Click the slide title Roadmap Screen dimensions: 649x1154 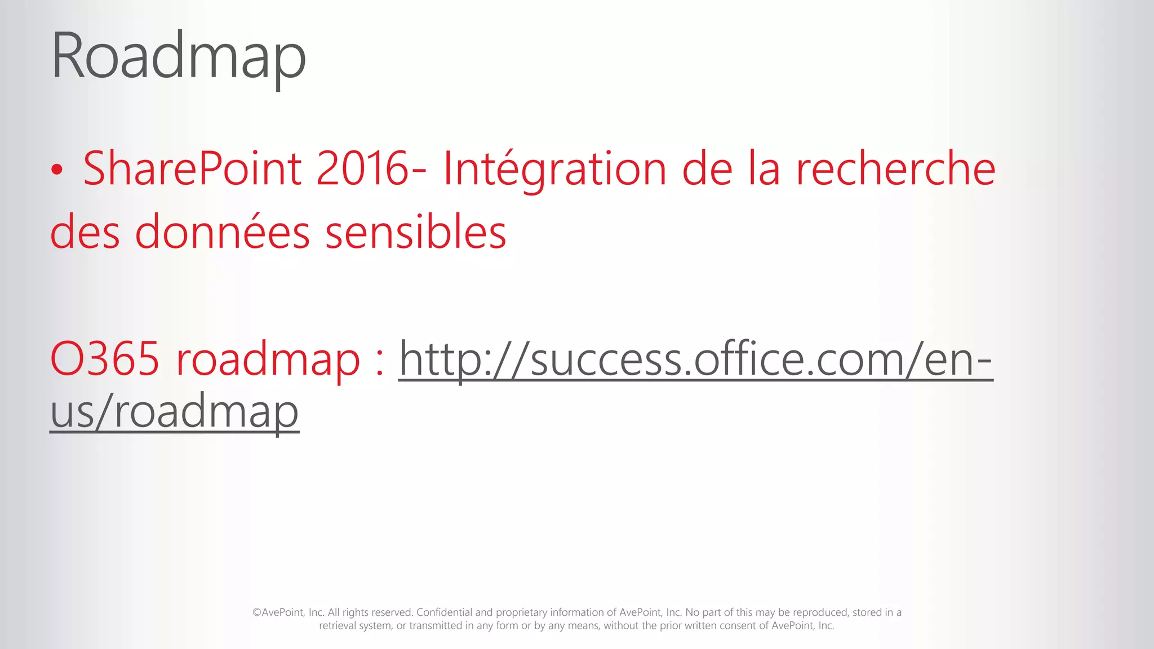[178, 57]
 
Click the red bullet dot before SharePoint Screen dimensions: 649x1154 [56, 170]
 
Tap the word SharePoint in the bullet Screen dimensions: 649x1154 [192, 168]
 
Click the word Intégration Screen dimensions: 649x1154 [555, 170]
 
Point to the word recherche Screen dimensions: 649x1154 [895, 168]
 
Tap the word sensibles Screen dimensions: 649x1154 [416, 232]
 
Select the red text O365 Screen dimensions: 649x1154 [105, 358]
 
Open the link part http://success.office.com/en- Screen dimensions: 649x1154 [695, 359]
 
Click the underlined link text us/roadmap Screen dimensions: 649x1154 [174, 412]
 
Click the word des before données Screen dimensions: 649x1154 [85, 232]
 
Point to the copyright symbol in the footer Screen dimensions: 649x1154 [256, 613]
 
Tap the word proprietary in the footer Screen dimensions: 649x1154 [521, 613]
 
